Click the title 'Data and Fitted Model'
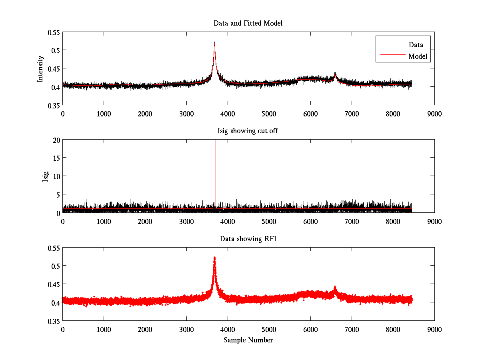pyautogui.click(x=248, y=23)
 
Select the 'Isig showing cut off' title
pyautogui.click(x=248, y=131)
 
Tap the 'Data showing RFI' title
pyautogui.click(x=248, y=239)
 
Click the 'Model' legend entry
pyautogui.click(x=418, y=56)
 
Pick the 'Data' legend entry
pyautogui.click(x=416, y=45)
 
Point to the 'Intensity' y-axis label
pyautogui.click(x=40, y=68)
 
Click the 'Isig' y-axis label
pyautogui.click(x=46, y=176)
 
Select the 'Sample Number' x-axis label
pyautogui.click(x=248, y=340)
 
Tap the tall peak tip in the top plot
pyautogui.click(x=215, y=43)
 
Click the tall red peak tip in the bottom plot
pyautogui.click(x=215, y=258)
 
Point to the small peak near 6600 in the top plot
pyautogui.click(x=335, y=73)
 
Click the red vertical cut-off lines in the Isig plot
pyautogui.click(x=214, y=176)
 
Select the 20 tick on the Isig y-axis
pyautogui.click(x=56, y=140)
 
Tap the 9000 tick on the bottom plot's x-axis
pyautogui.click(x=434, y=329)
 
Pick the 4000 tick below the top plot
pyautogui.click(x=228, y=113)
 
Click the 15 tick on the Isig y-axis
pyautogui.click(x=56, y=158)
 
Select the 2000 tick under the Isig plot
pyautogui.click(x=145, y=221)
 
